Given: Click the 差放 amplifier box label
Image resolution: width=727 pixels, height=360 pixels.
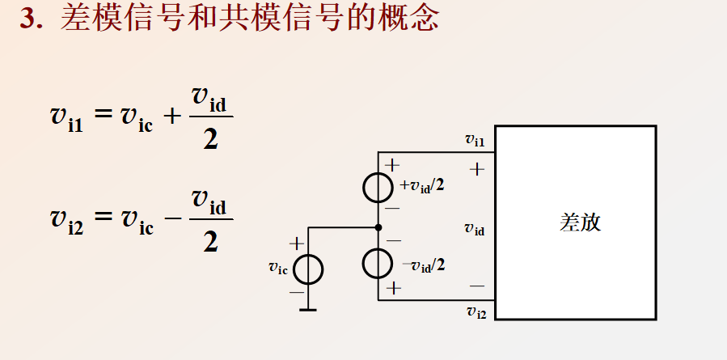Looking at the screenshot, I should (x=581, y=222).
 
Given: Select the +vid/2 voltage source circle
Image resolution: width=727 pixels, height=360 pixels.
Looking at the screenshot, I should (x=378, y=188).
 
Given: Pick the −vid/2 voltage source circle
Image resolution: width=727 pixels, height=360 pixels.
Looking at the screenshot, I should (x=378, y=264).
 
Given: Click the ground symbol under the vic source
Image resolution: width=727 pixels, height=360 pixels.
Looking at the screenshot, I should (x=308, y=308).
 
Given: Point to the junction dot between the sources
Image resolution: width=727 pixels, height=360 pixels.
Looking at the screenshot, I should (x=378, y=228).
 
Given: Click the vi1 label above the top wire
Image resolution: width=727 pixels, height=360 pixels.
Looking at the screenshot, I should (x=475, y=141).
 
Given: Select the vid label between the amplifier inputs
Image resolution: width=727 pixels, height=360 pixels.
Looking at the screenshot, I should (x=475, y=229).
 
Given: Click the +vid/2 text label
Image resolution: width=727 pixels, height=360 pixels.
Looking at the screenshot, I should (x=423, y=185).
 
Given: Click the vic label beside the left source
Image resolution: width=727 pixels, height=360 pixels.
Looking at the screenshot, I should (x=277, y=268).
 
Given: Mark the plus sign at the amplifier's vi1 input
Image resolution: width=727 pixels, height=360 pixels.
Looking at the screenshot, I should (x=476, y=170).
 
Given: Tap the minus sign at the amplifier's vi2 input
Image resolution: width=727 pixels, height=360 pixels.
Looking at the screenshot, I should (x=476, y=286).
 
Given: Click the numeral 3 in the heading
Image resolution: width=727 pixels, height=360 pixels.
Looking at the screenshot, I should (x=29, y=19).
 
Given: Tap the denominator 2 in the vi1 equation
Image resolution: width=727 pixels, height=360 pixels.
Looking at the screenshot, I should (x=211, y=139).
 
